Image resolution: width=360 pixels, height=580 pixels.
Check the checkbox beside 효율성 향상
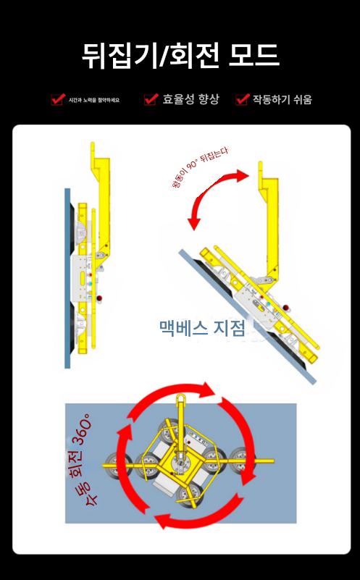(151, 99)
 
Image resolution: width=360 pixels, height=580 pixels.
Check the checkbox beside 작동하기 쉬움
(242, 99)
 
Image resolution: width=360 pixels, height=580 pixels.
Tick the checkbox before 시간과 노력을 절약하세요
(57, 99)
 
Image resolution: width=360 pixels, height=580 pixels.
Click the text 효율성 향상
(191, 99)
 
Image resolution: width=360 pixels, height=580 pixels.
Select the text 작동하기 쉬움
(282, 99)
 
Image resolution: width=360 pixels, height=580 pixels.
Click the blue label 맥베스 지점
(202, 328)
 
